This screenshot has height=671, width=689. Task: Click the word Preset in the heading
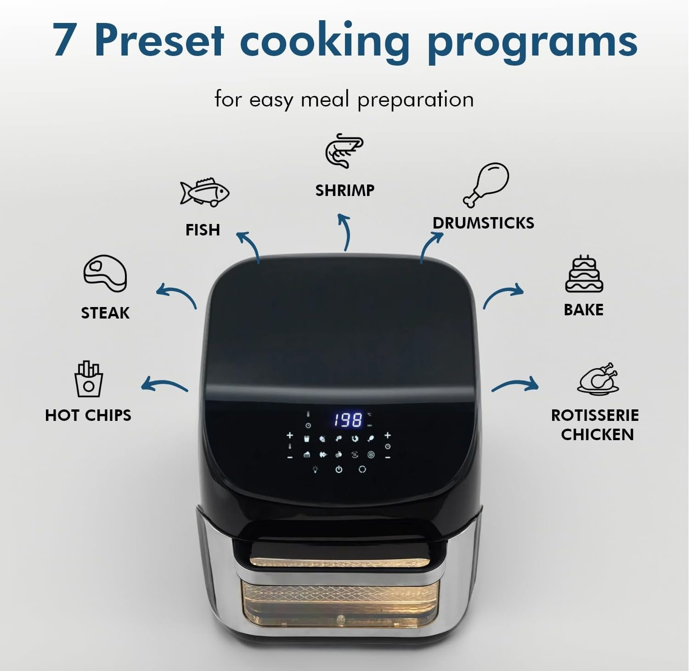coord(160,40)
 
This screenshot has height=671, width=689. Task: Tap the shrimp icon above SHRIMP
coord(344,151)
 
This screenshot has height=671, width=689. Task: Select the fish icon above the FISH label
coord(204,192)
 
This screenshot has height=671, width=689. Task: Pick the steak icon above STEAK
coord(105,273)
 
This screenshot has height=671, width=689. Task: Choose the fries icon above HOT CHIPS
coord(89,379)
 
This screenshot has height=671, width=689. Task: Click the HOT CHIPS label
coord(88,415)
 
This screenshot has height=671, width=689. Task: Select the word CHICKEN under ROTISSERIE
coord(597,435)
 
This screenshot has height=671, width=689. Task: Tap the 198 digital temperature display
coord(348,420)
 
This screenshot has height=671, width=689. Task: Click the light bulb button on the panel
coord(315,470)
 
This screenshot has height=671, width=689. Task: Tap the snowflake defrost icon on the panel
coord(371,455)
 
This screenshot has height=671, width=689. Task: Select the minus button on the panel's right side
coord(388,458)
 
